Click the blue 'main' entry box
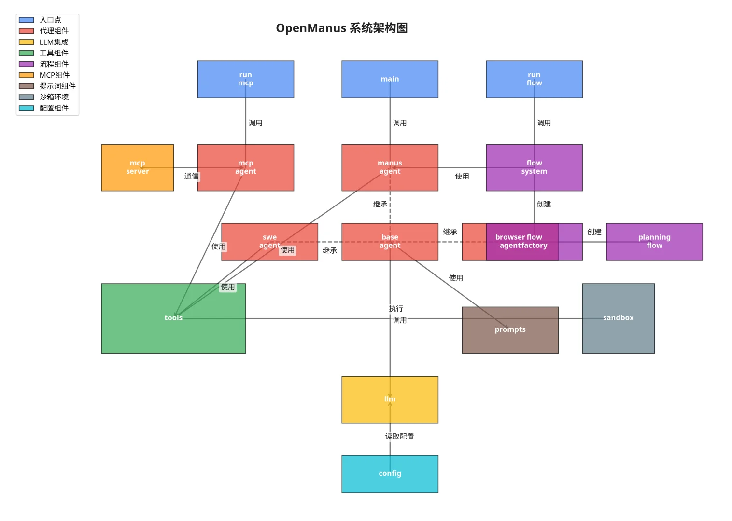[x=390, y=79]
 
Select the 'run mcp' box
[x=245, y=79]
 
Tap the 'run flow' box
[x=534, y=79]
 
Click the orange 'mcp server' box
[x=137, y=167]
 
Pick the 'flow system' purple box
[x=534, y=167]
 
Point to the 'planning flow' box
[x=654, y=242]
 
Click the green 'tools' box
[x=173, y=318]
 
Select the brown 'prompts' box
[x=510, y=330]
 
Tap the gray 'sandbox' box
[x=618, y=318]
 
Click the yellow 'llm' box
[x=390, y=399]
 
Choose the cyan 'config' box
[x=390, y=474]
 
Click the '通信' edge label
[x=191, y=177]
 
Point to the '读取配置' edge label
[x=399, y=437]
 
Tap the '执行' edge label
[x=396, y=309]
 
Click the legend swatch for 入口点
[x=27, y=20]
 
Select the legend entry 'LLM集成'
[x=54, y=42]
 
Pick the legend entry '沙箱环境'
[x=54, y=97]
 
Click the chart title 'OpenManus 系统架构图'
[x=342, y=28]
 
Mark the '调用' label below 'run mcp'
[x=255, y=123]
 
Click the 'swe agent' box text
[x=269, y=241]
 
